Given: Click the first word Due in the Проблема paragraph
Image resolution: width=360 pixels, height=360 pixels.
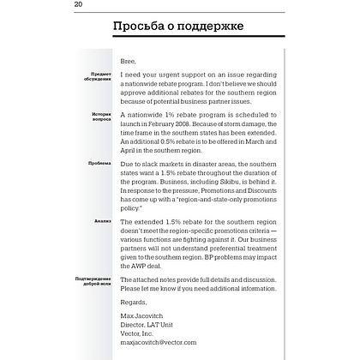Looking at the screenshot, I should click(128, 160).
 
